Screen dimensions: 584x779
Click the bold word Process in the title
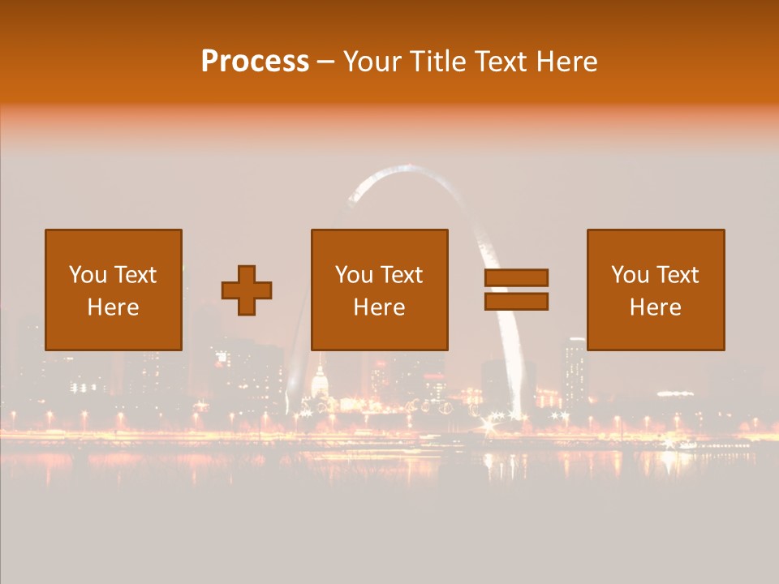point(255,62)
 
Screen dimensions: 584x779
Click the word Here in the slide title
point(568,62)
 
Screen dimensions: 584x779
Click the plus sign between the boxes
point(247,290)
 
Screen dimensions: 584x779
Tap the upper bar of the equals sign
point(516,277)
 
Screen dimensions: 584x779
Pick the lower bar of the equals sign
point(516,302)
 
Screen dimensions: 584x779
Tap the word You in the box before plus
point(88,275)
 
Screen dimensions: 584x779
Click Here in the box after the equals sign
point(656,307)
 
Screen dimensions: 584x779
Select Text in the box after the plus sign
point(402,275)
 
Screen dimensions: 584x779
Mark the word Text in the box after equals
point(678,275)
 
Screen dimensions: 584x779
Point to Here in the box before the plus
point(113,307)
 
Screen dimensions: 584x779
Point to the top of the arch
point(406,168)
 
